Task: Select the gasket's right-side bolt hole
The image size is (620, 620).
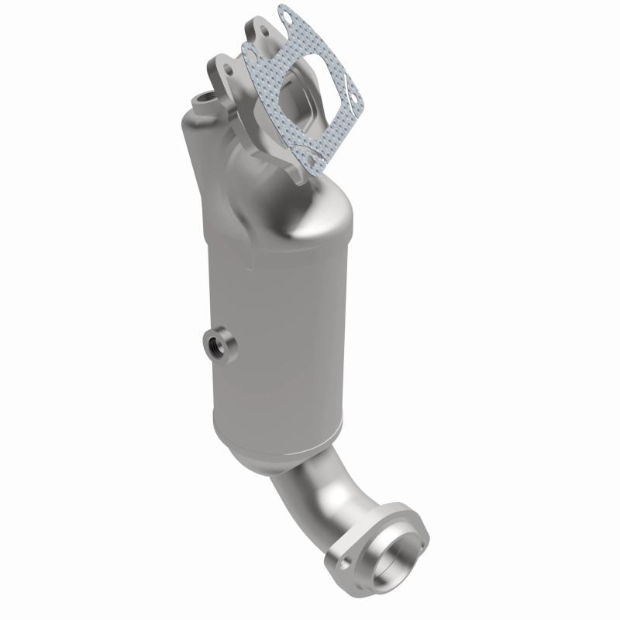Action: pos(353,98)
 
